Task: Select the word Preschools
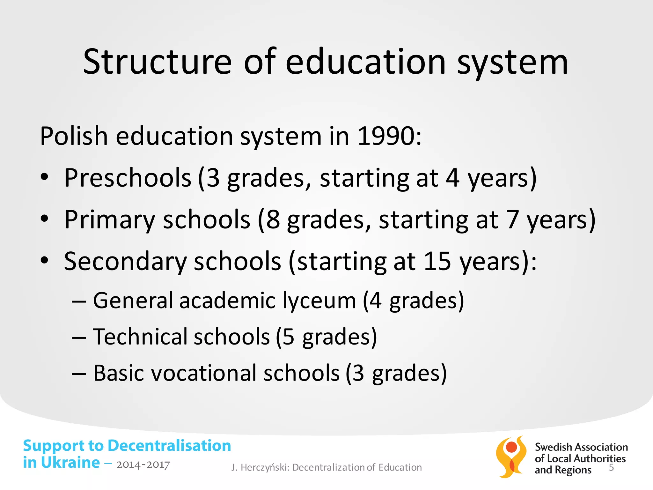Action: pyautogui.click(x=128, y=178)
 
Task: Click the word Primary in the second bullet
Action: pyautogui.click(x=109, y=220)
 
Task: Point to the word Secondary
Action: pyautogui.click(x=125, y=262)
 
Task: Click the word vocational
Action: pyautogui.click(x=204, y=373)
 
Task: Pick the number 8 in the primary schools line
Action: pyautogui.click(x=273, y=220)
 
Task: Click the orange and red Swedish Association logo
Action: pyautogui.click(x=511, y=457)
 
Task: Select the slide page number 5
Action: pyautogui.click(x=611, y=468)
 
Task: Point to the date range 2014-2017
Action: pyautogui.click(x=143, y=465)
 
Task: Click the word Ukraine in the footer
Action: pyautogui.click(x=70, y=463)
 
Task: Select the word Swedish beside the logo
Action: pyautogui.click(x=553, y=447)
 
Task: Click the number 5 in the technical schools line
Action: pyautogui.click(x=288, y=337)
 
